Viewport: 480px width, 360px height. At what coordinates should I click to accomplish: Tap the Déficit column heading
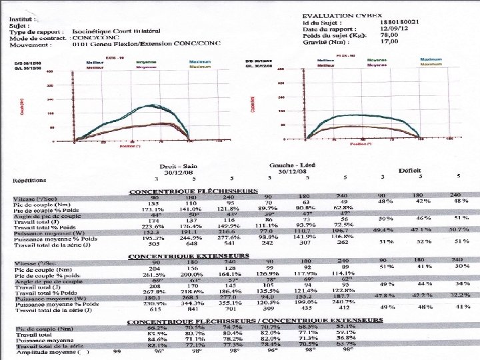coord(409,171)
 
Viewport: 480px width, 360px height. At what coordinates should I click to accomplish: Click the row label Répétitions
coord(30,180)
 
